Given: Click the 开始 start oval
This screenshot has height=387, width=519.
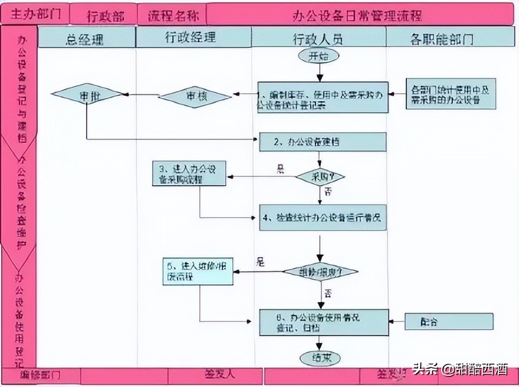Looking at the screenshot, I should [x=319, y=57].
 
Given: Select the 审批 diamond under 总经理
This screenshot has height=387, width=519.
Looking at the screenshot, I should [x=87, y=95].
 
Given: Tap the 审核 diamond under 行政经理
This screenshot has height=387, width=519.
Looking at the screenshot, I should [x=195, y=96].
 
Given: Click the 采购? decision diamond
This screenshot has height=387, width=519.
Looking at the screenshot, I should [x=320, y=176].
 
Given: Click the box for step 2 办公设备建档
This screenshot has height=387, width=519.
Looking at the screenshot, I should [x=323, y=142].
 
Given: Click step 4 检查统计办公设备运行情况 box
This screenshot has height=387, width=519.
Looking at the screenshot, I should [x=323, y=217].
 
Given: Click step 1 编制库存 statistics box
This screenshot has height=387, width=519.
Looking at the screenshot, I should [x=323, y=97].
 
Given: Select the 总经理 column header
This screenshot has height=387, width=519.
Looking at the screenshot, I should [x=87, y=39].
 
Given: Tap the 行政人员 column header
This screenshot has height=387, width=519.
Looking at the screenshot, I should [x=318, y=39].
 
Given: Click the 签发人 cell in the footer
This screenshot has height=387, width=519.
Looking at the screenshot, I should [x=220, y=373].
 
